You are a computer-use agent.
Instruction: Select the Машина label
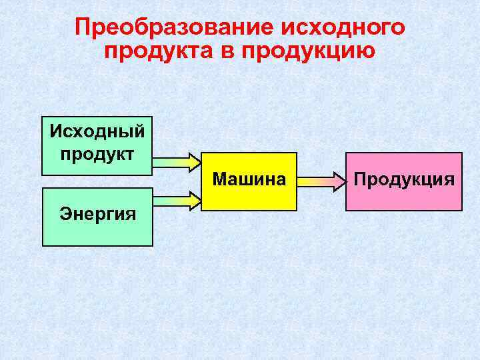point(249,179)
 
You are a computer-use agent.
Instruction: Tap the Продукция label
point(404,179)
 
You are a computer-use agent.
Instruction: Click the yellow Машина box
point(249,197)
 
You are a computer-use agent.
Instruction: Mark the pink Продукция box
point(404,197)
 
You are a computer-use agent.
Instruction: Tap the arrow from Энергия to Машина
point(175,199)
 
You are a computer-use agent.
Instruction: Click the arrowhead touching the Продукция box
point(339,180)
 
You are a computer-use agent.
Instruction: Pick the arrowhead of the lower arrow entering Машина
point(195,199)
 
